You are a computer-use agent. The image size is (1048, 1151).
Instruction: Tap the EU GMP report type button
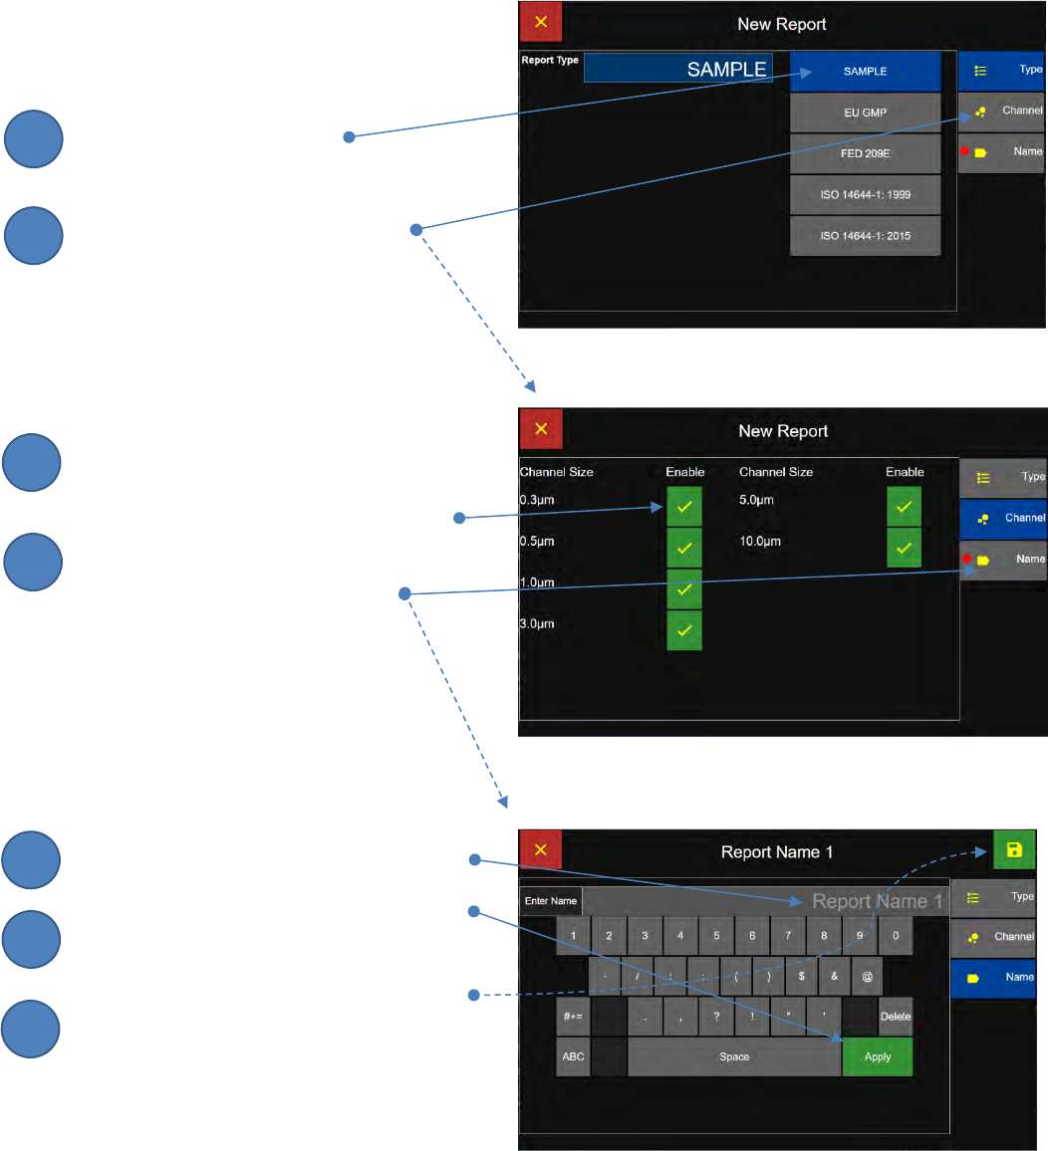tap(865, 113)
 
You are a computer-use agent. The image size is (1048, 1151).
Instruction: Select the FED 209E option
tap(865, 154)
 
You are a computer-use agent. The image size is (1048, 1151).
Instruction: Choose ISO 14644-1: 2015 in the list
tap(865, 236)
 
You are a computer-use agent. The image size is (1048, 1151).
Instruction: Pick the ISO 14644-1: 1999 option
tap(865, 195)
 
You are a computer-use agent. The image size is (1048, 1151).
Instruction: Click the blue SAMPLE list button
tap(865, 72)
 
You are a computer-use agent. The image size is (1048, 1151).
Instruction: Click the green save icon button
tap(1014, 850)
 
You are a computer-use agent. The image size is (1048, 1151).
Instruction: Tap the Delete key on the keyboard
tap(896, 1017)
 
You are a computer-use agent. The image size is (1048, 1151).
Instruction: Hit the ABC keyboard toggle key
tap(573, 1056)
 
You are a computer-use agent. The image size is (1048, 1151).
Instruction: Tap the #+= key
tap(573, 1017)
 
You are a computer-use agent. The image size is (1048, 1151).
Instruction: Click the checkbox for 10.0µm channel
tap(904, 548)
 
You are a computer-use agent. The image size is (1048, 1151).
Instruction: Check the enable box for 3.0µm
tap(684, 630)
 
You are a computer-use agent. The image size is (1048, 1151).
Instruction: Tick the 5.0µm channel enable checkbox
tap(904, 507)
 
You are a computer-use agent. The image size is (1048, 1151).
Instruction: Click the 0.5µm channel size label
tap(537, 542)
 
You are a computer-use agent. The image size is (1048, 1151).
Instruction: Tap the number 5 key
tap(716, 936)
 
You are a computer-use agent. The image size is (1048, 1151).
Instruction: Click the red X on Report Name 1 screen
tap(541, 850)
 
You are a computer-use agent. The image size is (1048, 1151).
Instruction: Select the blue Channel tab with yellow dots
tap(1003, 518)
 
